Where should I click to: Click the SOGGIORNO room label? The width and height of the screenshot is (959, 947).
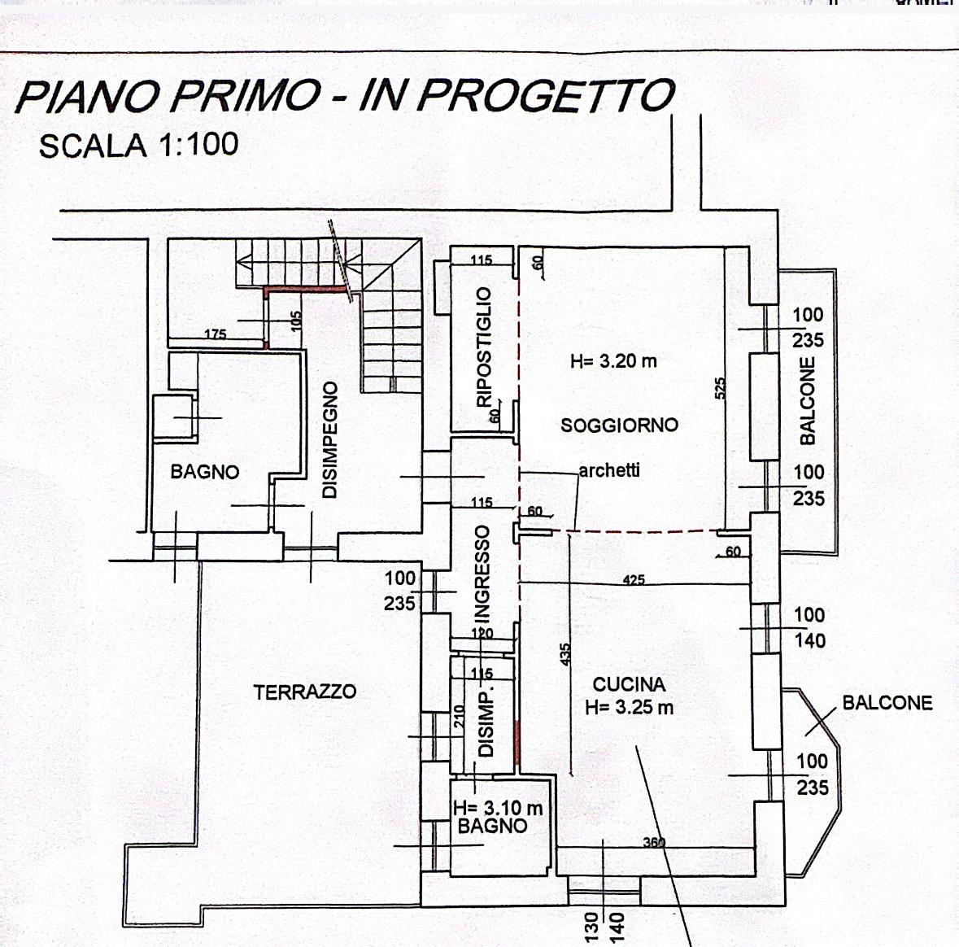coord(619,425)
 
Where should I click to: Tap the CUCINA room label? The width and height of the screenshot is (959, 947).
coord(629,685)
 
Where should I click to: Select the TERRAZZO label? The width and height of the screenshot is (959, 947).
coord(304,692)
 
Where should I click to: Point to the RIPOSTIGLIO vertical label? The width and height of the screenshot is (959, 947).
coord(485,347)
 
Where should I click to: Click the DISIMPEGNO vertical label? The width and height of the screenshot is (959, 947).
coord(329,440)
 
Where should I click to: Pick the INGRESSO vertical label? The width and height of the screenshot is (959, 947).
coord(482,574)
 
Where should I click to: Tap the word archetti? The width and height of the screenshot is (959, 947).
coord(609,470)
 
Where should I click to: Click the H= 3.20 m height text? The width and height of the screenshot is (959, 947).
coord(613,361)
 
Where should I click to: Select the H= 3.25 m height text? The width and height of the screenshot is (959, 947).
coord(629,708)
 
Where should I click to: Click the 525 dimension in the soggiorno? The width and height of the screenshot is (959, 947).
coord(720,388)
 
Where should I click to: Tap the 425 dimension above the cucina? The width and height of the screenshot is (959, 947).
coord(634,580)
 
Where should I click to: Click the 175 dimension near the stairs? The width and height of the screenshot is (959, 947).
coord(216,334)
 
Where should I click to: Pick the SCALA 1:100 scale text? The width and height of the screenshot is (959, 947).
coord(138,146)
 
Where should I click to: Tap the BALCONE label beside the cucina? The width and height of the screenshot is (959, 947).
coord(887,703)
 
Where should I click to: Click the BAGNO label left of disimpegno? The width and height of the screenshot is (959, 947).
coord(205,472)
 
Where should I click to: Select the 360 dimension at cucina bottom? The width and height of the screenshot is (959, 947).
coord(654,843)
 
